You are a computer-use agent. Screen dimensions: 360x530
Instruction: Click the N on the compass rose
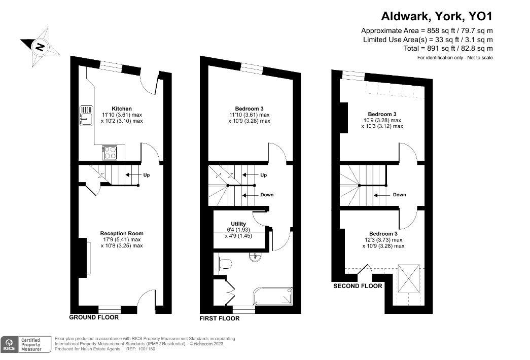coord(40,47)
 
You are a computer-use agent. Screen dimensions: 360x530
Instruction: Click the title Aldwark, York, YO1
coord(437,16)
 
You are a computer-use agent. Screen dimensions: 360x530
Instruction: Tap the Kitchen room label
coord(122,109)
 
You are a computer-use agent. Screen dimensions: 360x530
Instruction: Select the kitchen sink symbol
coord(86,115)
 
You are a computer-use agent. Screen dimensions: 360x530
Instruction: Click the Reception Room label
coord(121,233)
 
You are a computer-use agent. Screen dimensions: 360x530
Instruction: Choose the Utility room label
coord(238,224)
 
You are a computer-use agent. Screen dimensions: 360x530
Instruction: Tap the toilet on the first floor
coord(224,263)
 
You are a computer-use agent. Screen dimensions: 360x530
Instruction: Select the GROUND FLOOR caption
coord(94,317)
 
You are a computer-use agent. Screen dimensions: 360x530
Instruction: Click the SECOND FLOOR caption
coord(357,286)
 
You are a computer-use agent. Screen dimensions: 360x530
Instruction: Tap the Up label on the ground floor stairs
coord(146,175)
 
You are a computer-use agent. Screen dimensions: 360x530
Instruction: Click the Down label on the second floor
coord(399,195)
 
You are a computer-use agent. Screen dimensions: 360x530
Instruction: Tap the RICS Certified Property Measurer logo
coord(25,344)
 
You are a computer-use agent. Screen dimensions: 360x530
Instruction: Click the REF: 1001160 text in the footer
coord(142,349)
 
